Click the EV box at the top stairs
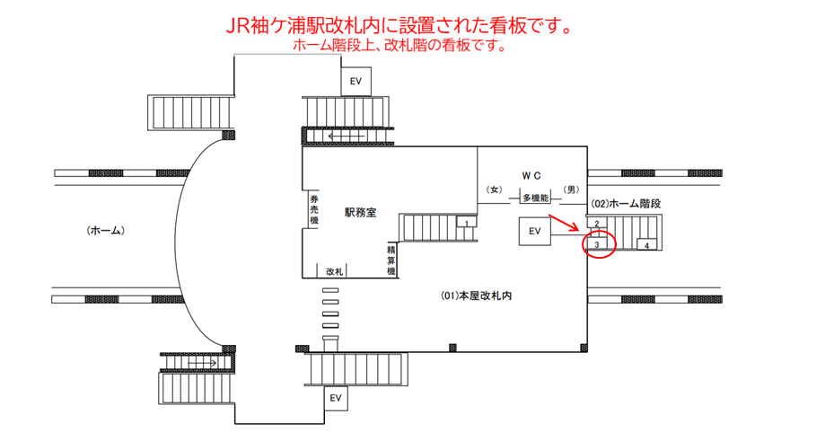click(356, 82)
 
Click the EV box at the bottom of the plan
click(336, 398)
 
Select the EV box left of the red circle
click(534, 231)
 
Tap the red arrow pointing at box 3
click(564, 223)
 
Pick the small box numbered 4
click(646, 244)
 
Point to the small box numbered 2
click(597, 223)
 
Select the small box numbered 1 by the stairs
click(466, 222)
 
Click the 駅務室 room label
click(360, 213)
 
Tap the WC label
click(531, 176)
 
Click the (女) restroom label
click(494, 190)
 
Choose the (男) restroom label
click(571, 190)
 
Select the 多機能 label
click(536, 198)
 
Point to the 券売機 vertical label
click(314, 209)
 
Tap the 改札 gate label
click(335, 271)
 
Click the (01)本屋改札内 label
click(476, 295)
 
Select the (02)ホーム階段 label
click(626, 204)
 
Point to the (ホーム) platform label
click(106, 231)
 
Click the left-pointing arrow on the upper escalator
click(347, 137)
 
